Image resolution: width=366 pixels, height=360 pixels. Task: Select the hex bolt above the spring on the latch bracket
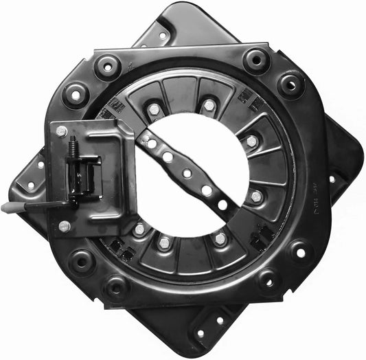click(x=61, y=131)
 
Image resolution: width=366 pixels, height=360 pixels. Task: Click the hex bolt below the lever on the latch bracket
click(x=65, y=226)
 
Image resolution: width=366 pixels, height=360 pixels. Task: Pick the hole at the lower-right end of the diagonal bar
click(x=222, y=205)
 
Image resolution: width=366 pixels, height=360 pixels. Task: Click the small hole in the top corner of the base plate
click(x=163, y=36)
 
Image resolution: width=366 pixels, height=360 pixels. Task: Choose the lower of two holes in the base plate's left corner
click(x=30, y=185)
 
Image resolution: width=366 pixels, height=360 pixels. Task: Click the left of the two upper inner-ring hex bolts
click(x=154, y=109)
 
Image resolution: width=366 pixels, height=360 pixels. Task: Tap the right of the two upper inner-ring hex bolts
click(x=209, y=106)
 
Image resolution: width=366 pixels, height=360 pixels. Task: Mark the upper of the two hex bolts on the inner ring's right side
click(x=252, y=141)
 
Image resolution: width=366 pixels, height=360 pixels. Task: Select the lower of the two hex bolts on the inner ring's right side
click(x=256, y=196)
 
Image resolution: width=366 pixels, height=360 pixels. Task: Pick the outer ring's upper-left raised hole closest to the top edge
click(x=108, y=67)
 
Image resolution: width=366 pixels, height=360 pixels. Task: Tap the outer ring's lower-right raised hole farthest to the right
click(x=300, y=252)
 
